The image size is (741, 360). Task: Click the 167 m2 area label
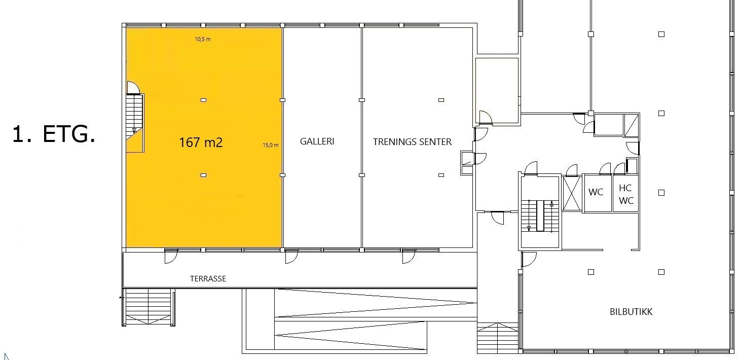coord(201,142)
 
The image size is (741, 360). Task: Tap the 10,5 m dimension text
coord(203,39)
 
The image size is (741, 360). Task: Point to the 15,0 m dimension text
coord(270,145)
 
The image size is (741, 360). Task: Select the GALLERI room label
coord(317,141)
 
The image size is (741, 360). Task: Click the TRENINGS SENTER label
coord(412,142)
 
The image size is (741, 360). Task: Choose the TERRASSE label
coord(208,279)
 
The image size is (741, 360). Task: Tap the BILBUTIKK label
coord(631,312)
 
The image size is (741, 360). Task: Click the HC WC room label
coord(626,194)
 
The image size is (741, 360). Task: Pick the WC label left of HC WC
coord(596,192)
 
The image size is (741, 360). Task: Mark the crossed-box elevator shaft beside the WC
coord(572,193)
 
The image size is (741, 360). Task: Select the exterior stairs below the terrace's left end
coord(149,306)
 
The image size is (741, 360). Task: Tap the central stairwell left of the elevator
coord(540,216)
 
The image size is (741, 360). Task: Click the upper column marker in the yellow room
coord(203,100)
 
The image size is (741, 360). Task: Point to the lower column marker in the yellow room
coord(203,175)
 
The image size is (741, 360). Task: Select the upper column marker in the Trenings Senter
coord(441,100)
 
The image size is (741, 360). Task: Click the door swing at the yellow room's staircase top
coord(133,88)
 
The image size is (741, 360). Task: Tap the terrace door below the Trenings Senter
coord(409,257)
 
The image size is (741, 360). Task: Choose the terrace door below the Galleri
coord(291,257)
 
